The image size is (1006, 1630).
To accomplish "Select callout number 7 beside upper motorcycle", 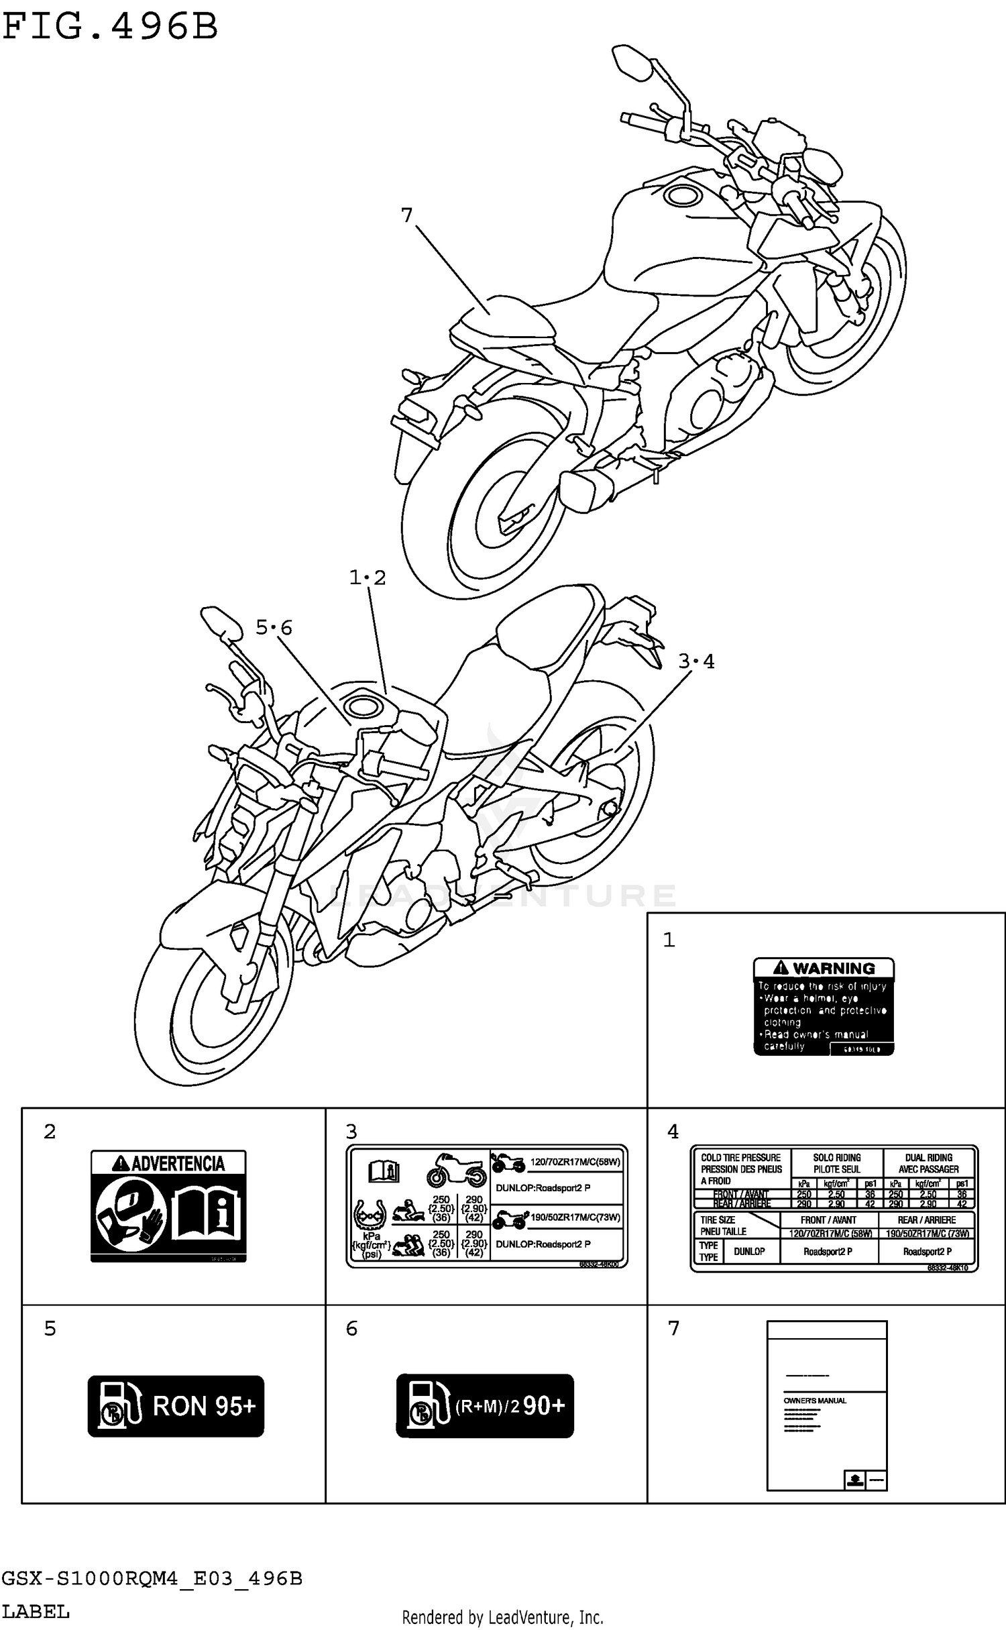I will click(x=406, y=215).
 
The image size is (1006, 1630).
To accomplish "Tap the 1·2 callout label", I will click(x=368, y=578).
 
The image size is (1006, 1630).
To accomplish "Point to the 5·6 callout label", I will click(x=274, y=628).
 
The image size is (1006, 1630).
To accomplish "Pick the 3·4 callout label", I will click(x=696, y=662).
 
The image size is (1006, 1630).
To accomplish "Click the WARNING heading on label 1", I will click(x=824, y=968).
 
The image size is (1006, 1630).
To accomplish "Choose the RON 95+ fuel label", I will click(x=176, y=1406).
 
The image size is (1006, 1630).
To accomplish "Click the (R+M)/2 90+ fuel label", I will click(x=485, y=1406).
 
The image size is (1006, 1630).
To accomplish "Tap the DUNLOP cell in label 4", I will click(x=749, y=1251).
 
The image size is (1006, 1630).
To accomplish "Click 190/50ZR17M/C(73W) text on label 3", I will click(x=575, y=1217).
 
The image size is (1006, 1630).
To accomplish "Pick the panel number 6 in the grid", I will click(x=351, y=1328).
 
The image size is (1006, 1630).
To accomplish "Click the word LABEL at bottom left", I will click(x=36, y=1612).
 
